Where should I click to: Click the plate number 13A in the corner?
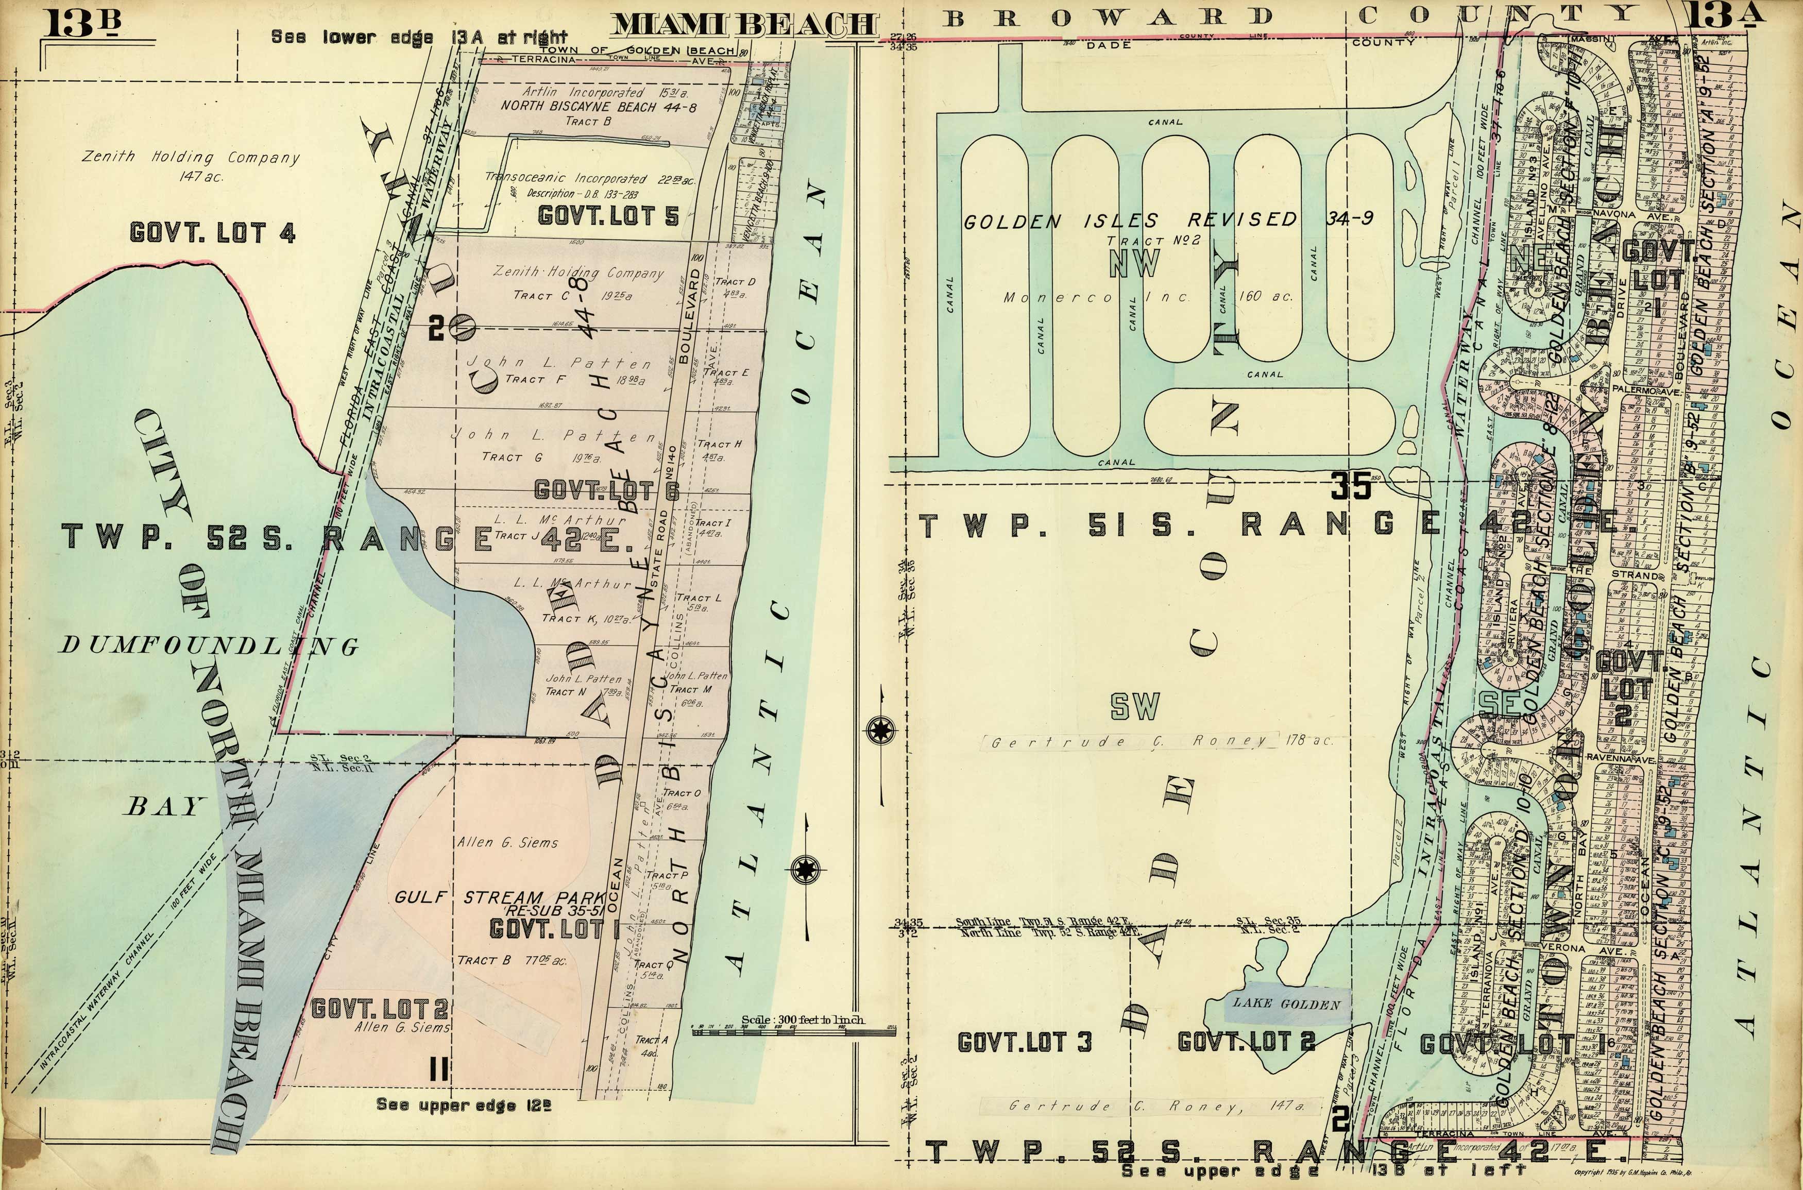click(x=1716, y=16)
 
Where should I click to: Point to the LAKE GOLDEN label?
click(x=1286, y=1004)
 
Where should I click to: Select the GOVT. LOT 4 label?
click(x=212, y=232)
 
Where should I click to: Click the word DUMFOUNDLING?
click(x=209, y=646)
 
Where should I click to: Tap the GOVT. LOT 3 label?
click(x=1025, y=1043)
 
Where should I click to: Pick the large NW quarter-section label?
click(x=1134, y=263)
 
